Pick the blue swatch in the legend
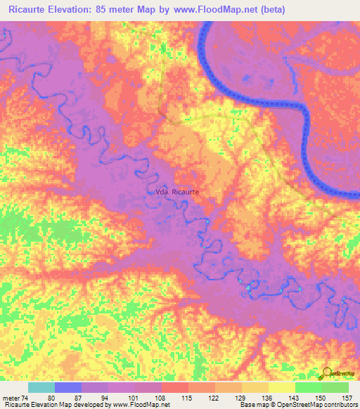(67, 387)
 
